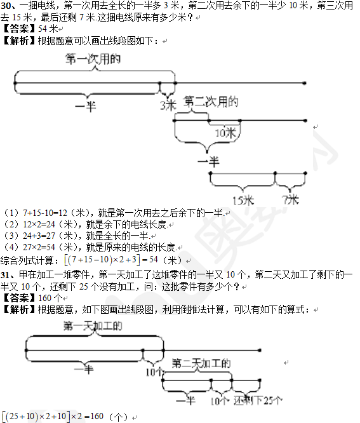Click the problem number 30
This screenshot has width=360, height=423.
click(5, 6)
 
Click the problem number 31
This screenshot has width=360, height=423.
click(5, 275)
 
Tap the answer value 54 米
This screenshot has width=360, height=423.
click(48, 29)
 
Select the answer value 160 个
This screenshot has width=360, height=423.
click(50, 298)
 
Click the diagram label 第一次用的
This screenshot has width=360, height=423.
click(93, 59)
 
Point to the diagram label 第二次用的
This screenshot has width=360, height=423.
click(211, 102)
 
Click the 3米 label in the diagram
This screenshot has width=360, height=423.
click(168, 105)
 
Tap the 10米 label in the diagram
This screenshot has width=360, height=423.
click(225, 133)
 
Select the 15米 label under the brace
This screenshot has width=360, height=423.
click(243, 201)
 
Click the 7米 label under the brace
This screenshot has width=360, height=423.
click(291, 200)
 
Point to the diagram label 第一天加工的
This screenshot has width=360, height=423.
click(93, 326)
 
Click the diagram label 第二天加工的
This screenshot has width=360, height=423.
click(201, 363)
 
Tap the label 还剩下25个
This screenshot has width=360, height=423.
click(258, 401)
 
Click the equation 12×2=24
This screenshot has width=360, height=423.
click(39, 224)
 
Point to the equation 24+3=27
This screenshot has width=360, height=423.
click(39, 236)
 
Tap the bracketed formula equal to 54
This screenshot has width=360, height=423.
click(111, 260)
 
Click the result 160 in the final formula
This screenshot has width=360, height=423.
click(97, 417)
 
